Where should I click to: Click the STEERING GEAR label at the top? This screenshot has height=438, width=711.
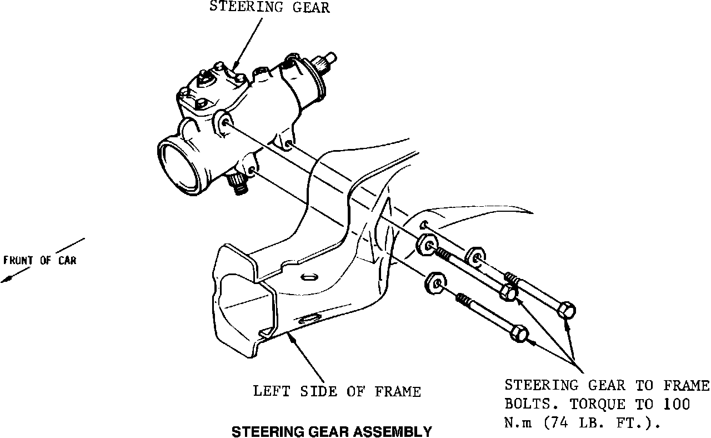[269, 7]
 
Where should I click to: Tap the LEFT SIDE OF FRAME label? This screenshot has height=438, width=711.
[337, 391]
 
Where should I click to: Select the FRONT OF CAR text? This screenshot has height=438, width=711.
[39, 260]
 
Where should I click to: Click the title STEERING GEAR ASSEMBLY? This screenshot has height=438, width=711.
[331, 431]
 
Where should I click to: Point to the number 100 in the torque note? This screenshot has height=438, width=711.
[677, 404]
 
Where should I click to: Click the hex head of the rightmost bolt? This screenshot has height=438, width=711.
[567, 310]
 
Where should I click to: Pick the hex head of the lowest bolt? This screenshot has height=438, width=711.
[518, 334]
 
